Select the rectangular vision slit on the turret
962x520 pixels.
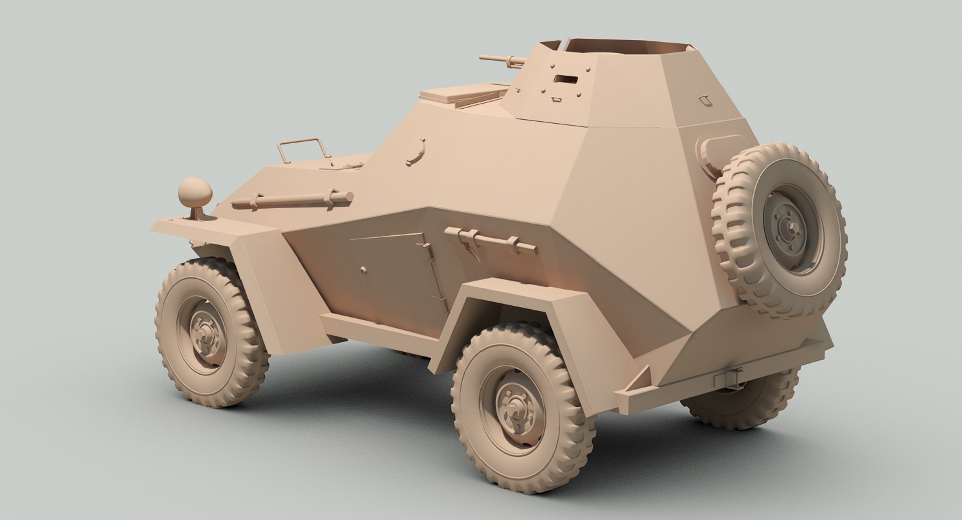point(565,79)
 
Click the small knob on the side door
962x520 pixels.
point(363,270)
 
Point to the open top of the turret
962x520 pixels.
point(626,47)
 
